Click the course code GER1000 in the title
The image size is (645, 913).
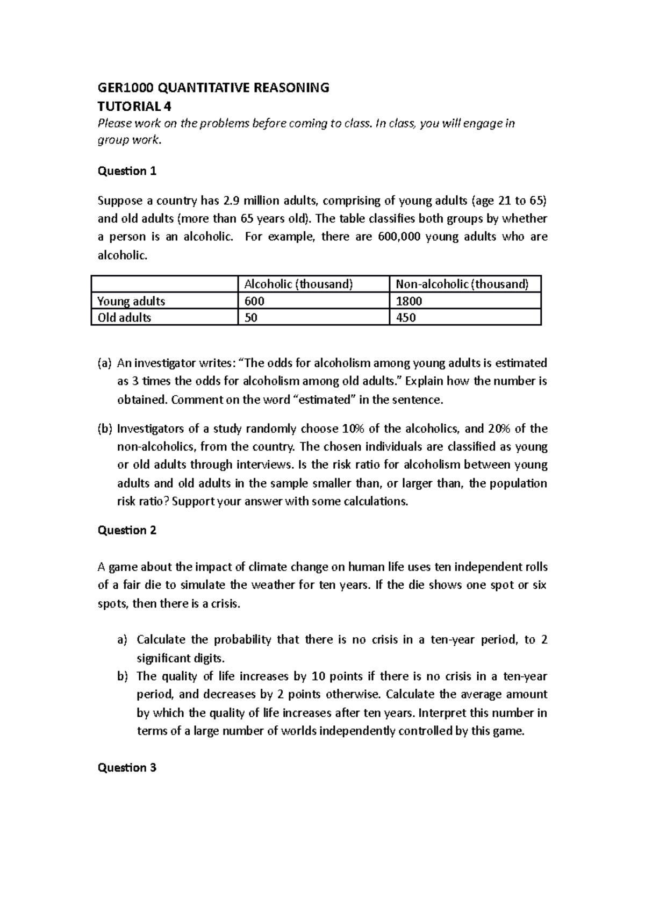(119, 88)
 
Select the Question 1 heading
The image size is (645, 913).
(127, 171)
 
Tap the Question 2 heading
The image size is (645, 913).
(127, 530)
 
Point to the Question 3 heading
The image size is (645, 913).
(127, 767)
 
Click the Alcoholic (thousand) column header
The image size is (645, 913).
(298, 284)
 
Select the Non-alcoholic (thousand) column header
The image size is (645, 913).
(462, 284)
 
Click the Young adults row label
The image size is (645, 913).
(131, 301)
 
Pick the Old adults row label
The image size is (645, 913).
(124, 317)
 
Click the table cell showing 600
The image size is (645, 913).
(254, 301)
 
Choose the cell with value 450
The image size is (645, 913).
(406, 317)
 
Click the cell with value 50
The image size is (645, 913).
(251, 317)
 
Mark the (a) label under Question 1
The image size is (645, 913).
(104, 363)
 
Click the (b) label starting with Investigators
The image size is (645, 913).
(104, 429)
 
